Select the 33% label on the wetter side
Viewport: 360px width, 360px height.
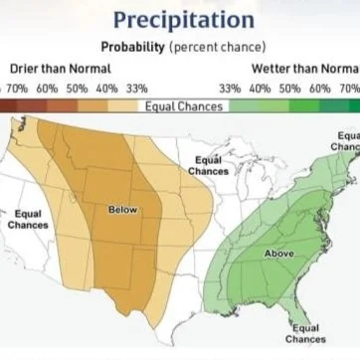point(229,89)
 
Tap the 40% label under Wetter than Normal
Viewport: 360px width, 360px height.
point(261,89)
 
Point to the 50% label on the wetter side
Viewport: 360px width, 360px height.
point(290,89)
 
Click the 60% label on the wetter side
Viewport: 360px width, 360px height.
point(320,89)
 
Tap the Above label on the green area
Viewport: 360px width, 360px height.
point(278,254)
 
